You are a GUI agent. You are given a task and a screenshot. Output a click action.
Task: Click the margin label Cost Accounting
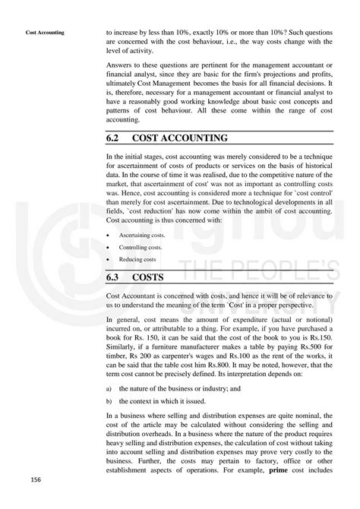tap(45, 33)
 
